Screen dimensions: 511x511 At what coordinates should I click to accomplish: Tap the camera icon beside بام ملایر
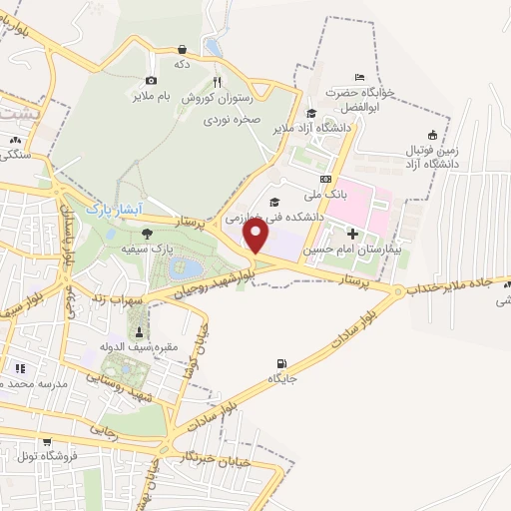(x=152, y=81)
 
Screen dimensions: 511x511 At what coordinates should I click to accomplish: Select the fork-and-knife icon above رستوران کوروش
(x=216, y=84)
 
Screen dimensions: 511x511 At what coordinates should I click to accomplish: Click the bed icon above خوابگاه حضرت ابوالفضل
(x=360, y=78)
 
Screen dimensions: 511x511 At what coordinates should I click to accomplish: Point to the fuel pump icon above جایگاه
(x=280, y=363)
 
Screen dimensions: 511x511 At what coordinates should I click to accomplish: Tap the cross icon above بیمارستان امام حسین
(x=351, y=234)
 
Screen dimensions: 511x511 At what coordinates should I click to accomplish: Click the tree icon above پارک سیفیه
(x=148, y=233)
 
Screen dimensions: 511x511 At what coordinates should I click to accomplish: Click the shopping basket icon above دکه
(x=183, y=48)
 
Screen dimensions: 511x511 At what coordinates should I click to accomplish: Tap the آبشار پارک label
(x=109, y=211)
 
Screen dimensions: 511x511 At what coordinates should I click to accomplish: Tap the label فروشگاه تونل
(x=46, y=456)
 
